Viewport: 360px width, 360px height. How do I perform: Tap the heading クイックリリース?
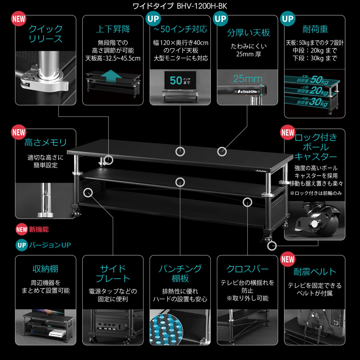(46, 34)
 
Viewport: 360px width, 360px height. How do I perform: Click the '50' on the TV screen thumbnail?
(176, 80)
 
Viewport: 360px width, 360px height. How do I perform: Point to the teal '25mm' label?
(248, 78)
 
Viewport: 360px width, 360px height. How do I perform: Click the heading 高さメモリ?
(46, 142)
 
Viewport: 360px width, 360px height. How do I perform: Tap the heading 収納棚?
(46, 268)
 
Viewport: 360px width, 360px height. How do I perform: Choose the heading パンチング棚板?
(180, 273)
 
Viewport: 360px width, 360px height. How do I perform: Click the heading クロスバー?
(248, 268)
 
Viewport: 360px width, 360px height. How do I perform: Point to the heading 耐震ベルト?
(315, 272)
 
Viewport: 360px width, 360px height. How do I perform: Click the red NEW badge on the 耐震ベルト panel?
(288, 259)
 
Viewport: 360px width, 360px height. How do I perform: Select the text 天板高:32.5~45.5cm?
(113, 58)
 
